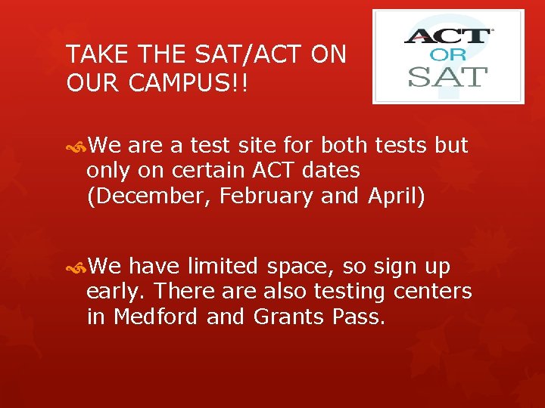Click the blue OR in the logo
448,55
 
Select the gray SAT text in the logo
448,76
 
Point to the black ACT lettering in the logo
448,36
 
